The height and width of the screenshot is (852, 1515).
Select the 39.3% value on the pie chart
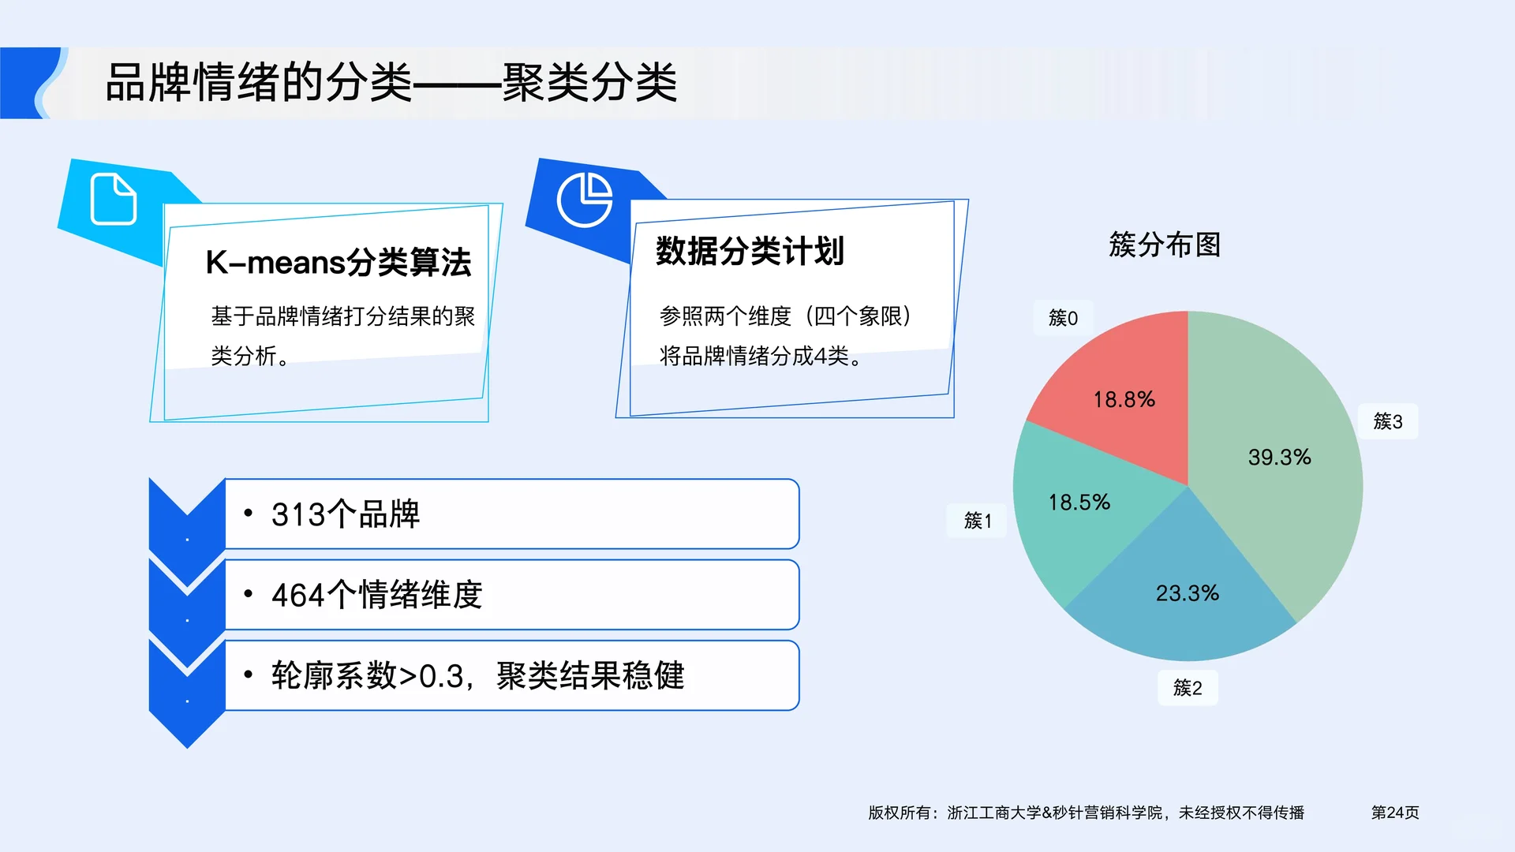point(1279,458)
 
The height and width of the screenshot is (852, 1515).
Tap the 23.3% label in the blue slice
point(1188,593)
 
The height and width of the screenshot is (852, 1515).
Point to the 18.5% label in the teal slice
point(1079,503)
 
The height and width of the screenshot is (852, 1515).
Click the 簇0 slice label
point(1063,318)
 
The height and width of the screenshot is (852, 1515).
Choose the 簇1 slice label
point(977,521)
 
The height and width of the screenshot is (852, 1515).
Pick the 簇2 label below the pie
point(1188,688)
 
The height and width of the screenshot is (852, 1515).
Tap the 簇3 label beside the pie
point(1388,421)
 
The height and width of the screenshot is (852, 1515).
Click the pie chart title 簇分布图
point(1165,245)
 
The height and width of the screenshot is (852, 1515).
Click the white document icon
point(114,199)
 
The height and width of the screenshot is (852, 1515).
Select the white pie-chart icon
point(585,200)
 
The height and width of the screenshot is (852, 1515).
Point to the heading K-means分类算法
point(338,263)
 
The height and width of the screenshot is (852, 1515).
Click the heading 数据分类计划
point(750,251)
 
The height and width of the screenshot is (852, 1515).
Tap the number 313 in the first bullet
point(298,515)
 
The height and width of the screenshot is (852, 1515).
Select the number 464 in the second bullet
point(298,596)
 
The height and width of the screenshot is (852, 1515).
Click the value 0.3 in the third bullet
point(441,677)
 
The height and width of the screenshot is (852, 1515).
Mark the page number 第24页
point(1394,813)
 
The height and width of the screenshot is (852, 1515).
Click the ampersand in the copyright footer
point(1047,813)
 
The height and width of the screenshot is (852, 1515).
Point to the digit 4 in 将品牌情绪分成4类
point(820,357)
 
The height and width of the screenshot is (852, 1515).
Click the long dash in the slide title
point(457,82)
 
